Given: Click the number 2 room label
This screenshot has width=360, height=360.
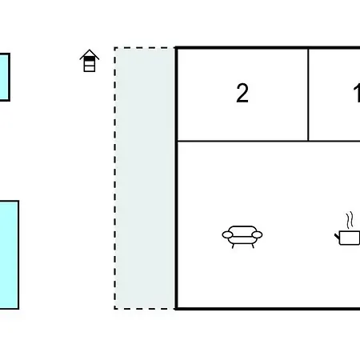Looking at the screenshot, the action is (x=242, y=93).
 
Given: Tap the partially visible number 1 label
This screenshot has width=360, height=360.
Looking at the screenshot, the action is (x=357, y=93).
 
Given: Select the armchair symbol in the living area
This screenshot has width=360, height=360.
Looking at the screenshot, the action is (x=242, y=237).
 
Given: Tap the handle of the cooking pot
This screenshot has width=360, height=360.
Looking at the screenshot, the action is (x=337, y=236).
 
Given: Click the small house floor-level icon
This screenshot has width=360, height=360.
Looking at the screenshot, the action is (x=90, y=61).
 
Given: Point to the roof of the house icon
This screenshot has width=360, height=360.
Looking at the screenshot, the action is (x=90, y=54).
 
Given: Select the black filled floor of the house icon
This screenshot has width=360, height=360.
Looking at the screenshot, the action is (x=90, y=59).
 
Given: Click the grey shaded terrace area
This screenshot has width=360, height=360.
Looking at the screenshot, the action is (x=146, y=178).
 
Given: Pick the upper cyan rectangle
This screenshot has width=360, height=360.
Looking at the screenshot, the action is (x=5, y=77).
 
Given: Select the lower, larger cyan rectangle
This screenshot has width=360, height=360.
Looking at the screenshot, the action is (x=9, y=254).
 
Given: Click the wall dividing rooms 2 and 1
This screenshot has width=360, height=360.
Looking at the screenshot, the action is (x=308, y=94).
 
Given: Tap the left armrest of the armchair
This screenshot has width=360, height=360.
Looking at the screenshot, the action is (x=227, y=234).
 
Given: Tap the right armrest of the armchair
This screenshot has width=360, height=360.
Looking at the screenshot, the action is (x=257, y=234).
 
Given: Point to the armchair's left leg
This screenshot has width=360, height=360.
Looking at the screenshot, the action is (x=233, y=246).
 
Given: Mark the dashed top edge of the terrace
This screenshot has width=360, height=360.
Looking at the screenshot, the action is (x=145, y=48).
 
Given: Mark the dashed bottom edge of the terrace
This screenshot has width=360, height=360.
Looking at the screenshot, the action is (x=145, y=309).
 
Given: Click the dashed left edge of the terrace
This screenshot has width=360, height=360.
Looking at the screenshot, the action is (x=115, y=178).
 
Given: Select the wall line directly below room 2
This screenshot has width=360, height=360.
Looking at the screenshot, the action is (x=242, y=141).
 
